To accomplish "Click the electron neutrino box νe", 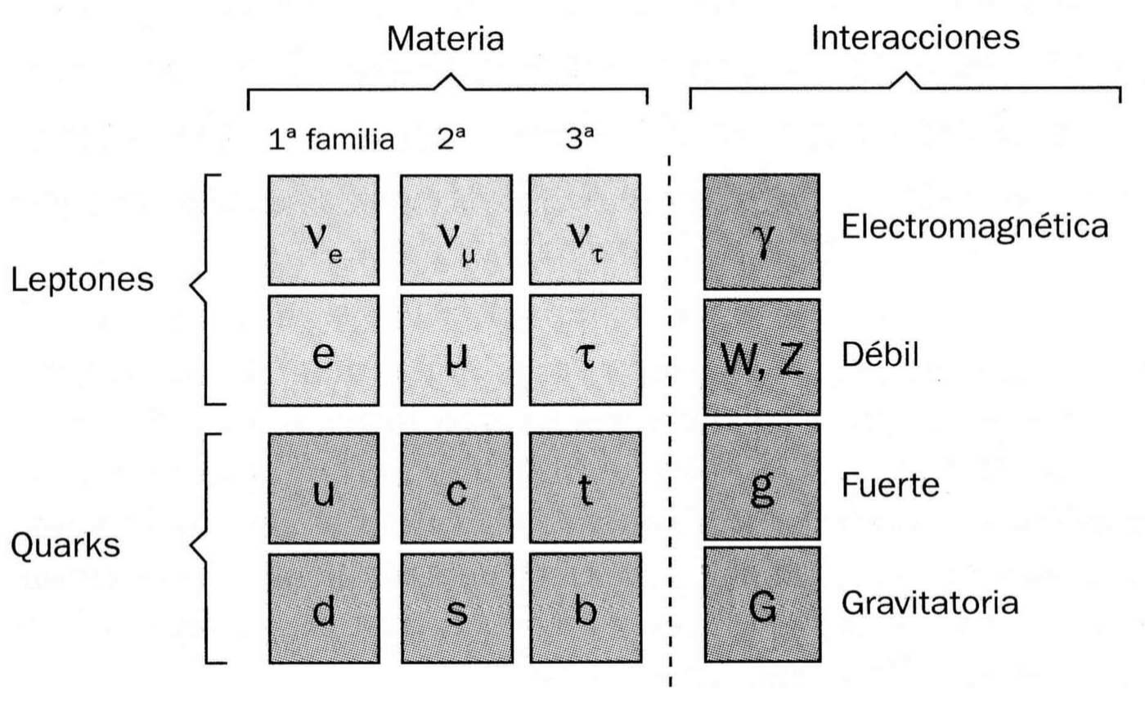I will [323, 231].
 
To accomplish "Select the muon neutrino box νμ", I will [456, 231].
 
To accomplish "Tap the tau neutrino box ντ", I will [583, 231].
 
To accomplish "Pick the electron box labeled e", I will [323, 356].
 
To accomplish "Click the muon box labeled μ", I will [456, 356].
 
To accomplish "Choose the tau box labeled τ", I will [583, 356].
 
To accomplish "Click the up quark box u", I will [323, 487].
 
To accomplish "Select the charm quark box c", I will [456, 487].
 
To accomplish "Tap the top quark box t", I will [583, 487].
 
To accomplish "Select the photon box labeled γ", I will [761, 231].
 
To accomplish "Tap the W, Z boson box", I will [761, 356].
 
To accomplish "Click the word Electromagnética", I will [975, 227].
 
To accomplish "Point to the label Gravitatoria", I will [930, 605].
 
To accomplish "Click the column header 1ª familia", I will [331, 141].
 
